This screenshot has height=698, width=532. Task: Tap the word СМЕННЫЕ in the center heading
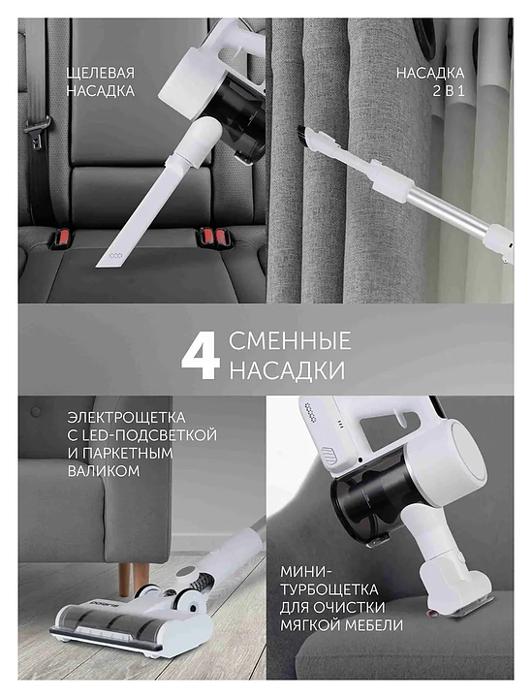[290, 341]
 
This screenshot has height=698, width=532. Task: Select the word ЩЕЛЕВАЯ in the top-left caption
[101, 73]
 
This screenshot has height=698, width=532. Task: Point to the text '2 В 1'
[449, 91]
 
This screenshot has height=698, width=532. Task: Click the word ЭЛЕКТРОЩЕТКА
[126, 418]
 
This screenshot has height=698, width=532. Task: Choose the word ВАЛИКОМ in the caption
[104, 471]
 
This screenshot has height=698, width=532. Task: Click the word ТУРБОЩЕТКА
[329, 589]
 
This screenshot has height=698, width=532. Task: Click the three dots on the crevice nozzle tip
[115, 256]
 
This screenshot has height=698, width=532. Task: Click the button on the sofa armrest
[35, 411]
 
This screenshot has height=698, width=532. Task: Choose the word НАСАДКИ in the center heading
[288, 370]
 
